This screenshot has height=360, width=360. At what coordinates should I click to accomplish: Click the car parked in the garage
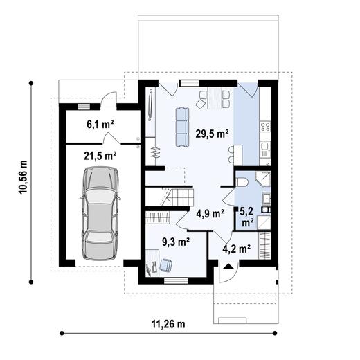tap(100, 213)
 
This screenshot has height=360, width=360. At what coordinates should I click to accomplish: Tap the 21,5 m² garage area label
tap(100, 156)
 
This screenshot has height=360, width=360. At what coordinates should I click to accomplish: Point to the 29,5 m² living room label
tap(212, 134)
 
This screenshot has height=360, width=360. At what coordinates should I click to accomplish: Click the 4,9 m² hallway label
tap(210, 213)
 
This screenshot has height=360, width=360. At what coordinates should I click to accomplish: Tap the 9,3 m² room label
tap(175, 242)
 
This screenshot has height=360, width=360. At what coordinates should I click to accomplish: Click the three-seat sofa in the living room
tap(182, 127)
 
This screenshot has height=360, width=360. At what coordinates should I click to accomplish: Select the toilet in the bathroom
tap(242, 181)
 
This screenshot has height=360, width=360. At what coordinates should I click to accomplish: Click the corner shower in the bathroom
tap(262, 179)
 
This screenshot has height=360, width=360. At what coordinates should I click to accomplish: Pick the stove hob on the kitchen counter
tap(264, 127)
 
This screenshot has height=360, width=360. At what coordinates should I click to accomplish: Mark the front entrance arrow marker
tap(227, 264)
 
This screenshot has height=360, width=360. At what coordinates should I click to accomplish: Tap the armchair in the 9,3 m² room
tap(167, 264)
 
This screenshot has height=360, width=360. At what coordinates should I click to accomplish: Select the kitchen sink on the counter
tap(264, 147)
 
